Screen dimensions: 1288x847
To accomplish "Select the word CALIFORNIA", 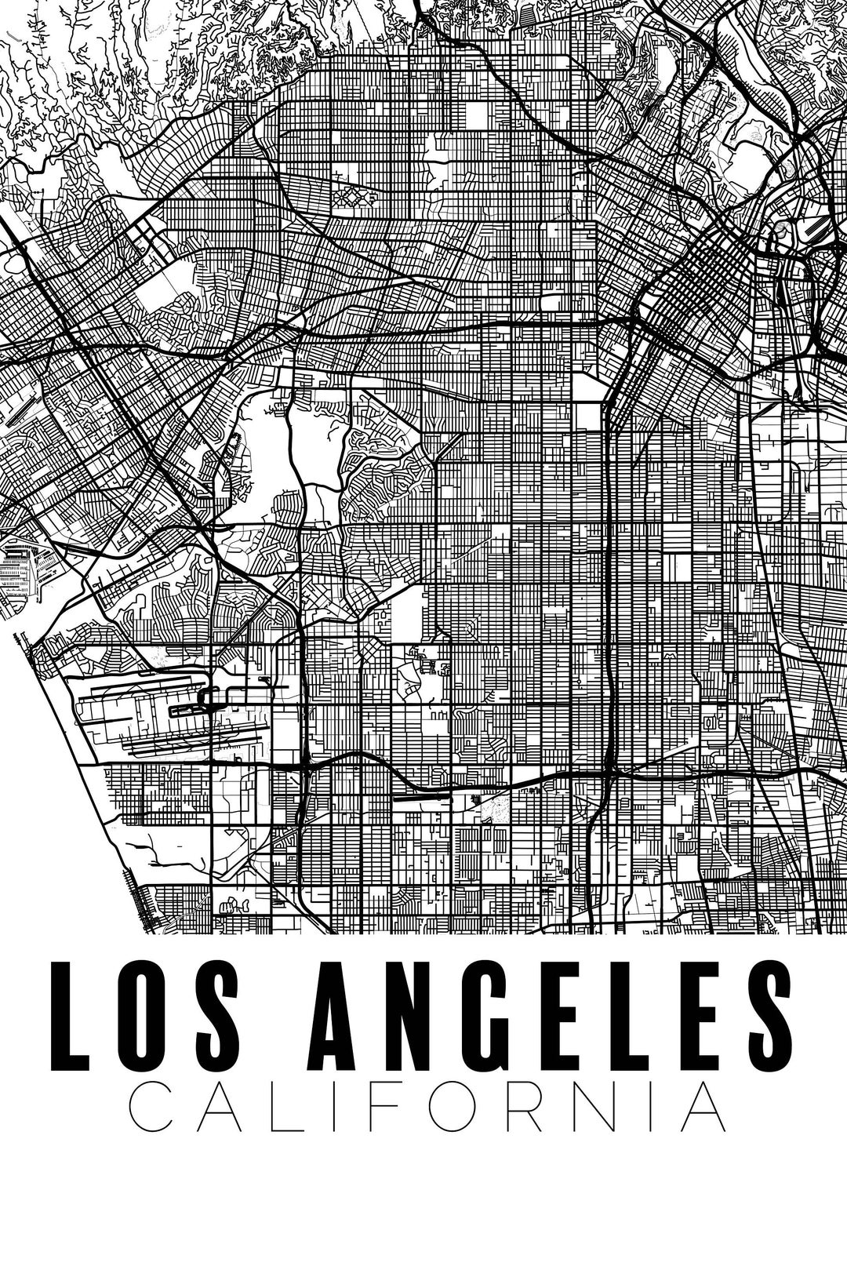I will point(426,1108).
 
